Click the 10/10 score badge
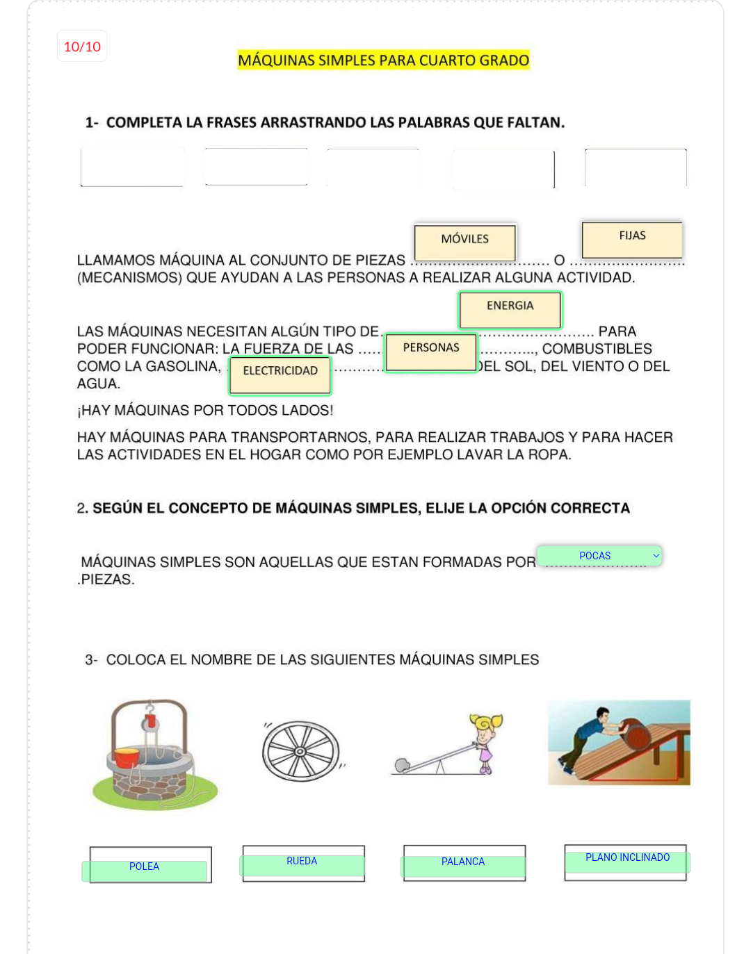coord(82,47)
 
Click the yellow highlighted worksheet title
coord(383,60)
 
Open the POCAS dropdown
coord(599,556)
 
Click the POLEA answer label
coord(145,867)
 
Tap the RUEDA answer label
coord(302,862)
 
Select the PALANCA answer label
coord(463,862)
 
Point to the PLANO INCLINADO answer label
coord(627,858)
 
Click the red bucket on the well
coord(127,757)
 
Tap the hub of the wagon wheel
coord(300,752)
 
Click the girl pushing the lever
coord(485,741)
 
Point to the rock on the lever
coord(402,766)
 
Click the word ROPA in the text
coord(552,455)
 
